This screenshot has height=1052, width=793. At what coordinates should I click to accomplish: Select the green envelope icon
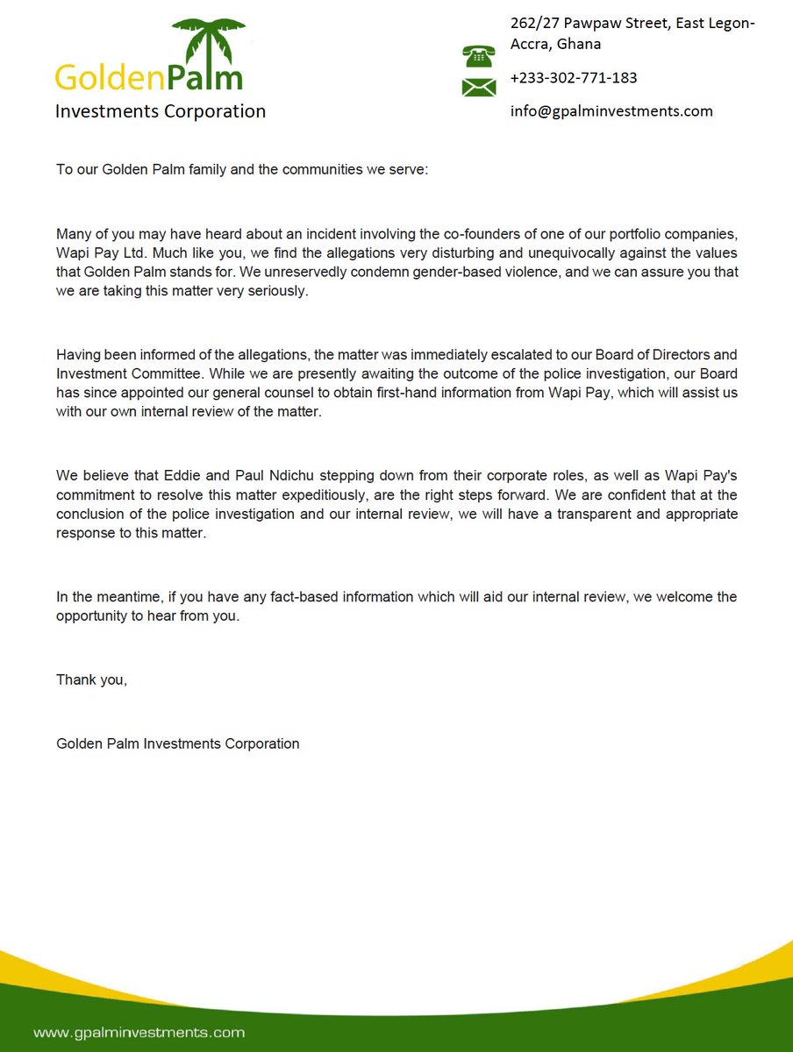(x=479, y=87)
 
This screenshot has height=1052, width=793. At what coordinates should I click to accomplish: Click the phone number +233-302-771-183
(x=574, y=78)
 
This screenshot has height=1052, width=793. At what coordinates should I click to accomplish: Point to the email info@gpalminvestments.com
(x=611, y=111)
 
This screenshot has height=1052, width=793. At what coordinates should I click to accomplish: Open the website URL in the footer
(x=139, y=1033)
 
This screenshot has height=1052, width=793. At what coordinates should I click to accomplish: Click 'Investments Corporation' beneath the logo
(x=160, y=111)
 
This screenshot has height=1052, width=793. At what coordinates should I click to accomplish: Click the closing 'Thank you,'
(x=91, y=679)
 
